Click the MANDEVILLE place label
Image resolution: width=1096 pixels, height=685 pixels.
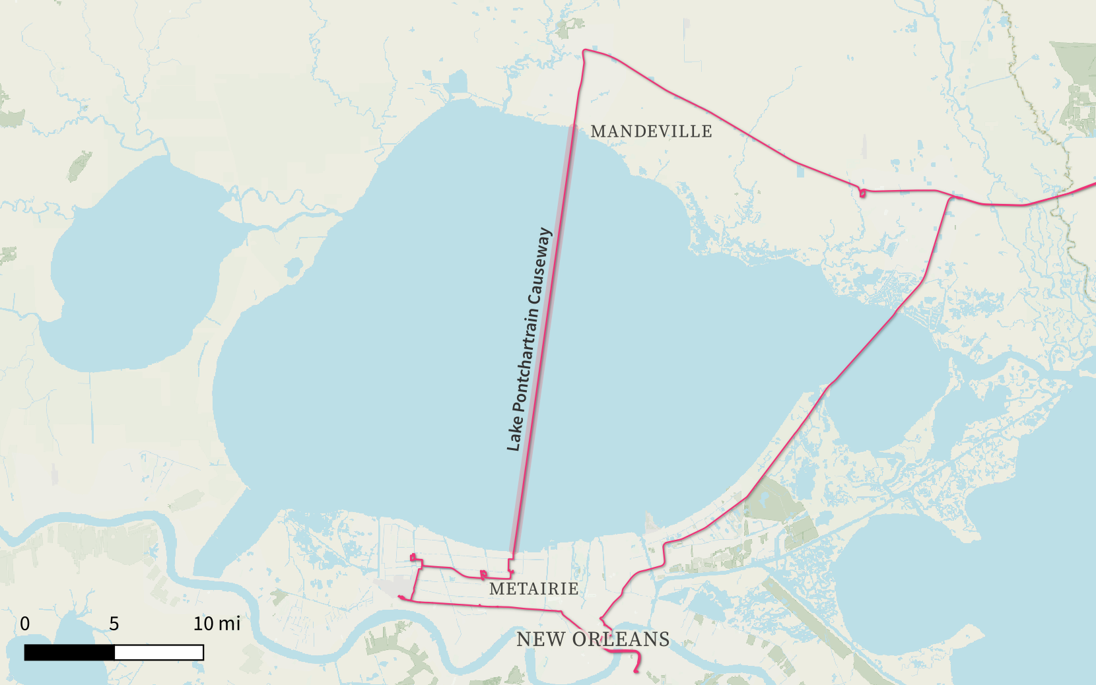(651, 131)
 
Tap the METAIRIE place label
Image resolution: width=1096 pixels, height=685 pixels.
(533, 589)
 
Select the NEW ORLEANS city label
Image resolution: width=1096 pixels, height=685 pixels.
(592, 639)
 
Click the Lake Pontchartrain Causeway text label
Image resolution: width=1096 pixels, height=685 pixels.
(528, 340)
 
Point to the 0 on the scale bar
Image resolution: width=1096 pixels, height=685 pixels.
(25, 624)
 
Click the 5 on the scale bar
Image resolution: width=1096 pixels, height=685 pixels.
(114, 624)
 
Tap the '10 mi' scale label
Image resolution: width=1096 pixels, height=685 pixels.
(217, 624)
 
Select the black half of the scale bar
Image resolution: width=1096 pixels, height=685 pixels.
(69, 653)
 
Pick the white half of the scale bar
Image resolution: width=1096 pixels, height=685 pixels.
(159, 653)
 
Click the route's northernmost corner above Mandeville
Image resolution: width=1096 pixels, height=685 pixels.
(584, 51)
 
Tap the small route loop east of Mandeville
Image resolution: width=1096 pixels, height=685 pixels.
(862, 193)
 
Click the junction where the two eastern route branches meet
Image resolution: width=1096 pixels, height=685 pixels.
(951, 197)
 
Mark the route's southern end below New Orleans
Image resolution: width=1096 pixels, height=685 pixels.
(636, 672)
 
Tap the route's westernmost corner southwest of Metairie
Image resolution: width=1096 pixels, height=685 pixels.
(399, 597)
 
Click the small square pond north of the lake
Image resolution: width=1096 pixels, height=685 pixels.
(457, 83)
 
